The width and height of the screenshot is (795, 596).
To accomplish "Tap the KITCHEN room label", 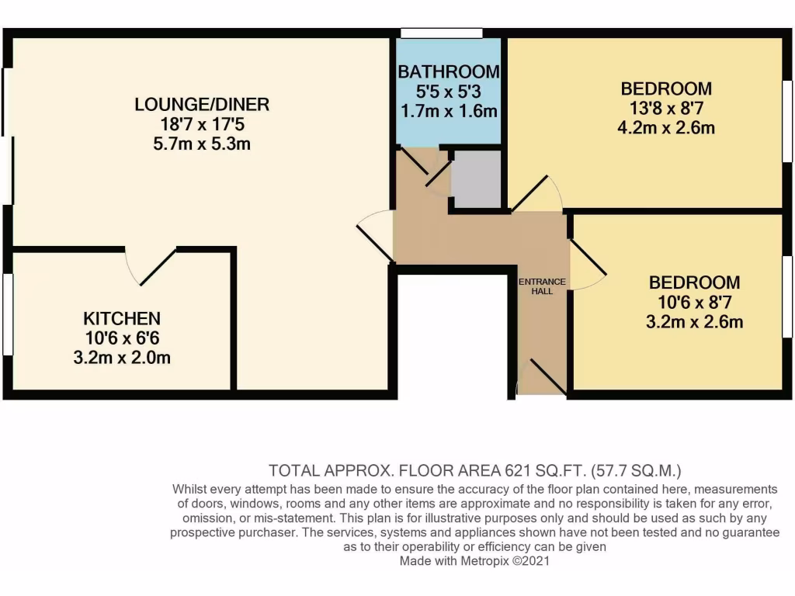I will pyautogui.click(x=122, y=318).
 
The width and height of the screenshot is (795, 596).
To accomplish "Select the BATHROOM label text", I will pyautogui.click(x=448, y=72).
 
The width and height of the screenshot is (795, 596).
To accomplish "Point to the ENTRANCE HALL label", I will pyautogui.click(x=543, y=286).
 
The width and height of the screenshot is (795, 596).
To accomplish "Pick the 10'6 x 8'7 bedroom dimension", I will pyautogui.click(x=695, y=303).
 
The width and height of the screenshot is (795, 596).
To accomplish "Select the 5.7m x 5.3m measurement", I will pyautogui.click(x=201, y=144).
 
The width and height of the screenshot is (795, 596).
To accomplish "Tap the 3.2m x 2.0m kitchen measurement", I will pyautogui.click(x=122, y=358).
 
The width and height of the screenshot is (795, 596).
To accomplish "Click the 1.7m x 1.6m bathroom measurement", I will pyautogui.click(x=448, y=111).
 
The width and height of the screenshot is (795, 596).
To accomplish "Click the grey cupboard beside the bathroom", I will pyautogui.click(x=477, y=178).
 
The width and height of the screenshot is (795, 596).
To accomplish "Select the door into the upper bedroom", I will pyautogui.click(x=536, y=194).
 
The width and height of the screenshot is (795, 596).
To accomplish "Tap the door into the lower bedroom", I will pyautogui.click(x=587, y=264).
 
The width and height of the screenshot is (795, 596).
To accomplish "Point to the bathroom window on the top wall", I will pyautogui.click(x=441, y=33).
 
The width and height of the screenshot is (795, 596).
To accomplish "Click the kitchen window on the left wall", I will pyautogui.click(x=8, y=314).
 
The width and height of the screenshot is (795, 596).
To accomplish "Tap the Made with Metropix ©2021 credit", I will pyautogui.click(x=474, y=561).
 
